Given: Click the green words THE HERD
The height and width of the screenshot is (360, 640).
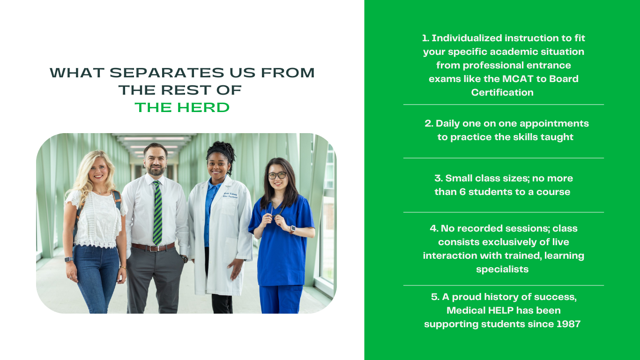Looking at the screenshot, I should tap(182, 107).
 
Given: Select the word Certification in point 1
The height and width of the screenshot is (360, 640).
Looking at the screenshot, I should tap(502, 92).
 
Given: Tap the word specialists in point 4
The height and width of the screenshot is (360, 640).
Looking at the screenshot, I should tap(502, 269).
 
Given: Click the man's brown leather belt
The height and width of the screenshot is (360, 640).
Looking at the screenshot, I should tap(152, 247).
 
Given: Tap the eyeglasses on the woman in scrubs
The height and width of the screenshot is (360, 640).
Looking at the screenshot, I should tap(277, 176).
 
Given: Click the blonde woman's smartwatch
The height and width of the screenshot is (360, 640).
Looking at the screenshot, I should tap(68, 259).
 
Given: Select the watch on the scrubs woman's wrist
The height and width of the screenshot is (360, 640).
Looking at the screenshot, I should tap(292, 229).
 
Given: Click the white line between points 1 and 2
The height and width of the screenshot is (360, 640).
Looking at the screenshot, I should tap(503, 105).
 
